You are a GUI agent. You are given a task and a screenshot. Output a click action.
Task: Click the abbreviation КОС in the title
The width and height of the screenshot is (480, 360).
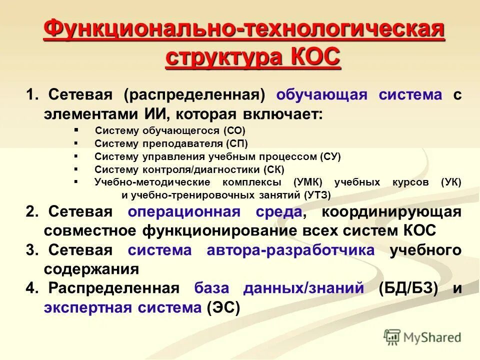(x=314, y=57)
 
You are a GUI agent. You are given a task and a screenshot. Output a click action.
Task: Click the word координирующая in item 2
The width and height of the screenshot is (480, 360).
(x=391, y=212)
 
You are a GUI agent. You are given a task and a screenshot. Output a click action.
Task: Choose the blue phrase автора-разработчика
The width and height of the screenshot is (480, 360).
(x=290, y=250)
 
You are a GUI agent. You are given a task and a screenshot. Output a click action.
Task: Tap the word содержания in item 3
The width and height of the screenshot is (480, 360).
(x=91, y=269)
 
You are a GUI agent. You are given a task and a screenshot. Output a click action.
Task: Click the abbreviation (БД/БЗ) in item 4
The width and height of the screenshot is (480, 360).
(x=408, y=288)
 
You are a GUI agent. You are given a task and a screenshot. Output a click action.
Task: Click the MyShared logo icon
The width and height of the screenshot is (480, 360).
(x=393, y=336)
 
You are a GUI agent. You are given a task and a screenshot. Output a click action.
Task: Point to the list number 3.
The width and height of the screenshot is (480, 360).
(x=31, y=250)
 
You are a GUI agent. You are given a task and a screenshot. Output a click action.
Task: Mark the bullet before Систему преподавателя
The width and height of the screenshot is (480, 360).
(x=76, y=143)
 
